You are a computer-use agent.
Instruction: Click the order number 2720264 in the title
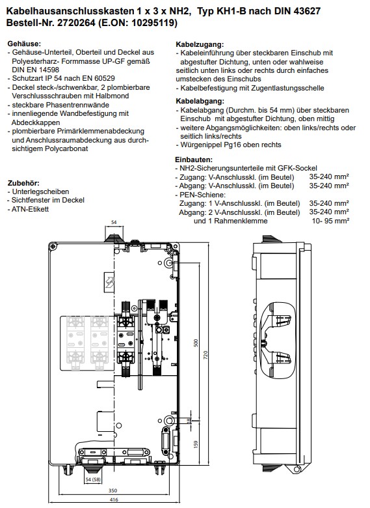76,23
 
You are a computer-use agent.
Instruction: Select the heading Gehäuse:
24,44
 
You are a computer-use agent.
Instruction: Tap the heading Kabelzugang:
200,44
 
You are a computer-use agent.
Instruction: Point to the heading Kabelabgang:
200,101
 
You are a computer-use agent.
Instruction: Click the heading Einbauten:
194,160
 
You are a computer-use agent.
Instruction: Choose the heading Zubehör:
23,183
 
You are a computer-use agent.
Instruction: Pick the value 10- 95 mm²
330,221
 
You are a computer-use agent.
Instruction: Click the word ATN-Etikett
30,209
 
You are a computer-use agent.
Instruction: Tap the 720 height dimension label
205,355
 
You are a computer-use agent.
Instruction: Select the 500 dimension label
195,343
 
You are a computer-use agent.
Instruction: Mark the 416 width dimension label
114,500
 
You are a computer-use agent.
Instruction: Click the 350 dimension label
112,490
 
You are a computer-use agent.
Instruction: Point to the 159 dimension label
195,444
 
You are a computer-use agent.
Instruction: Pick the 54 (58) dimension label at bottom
93,479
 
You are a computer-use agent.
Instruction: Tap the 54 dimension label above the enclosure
114,223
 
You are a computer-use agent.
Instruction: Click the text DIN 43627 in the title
297,11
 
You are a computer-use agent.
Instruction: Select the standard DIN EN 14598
36,70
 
